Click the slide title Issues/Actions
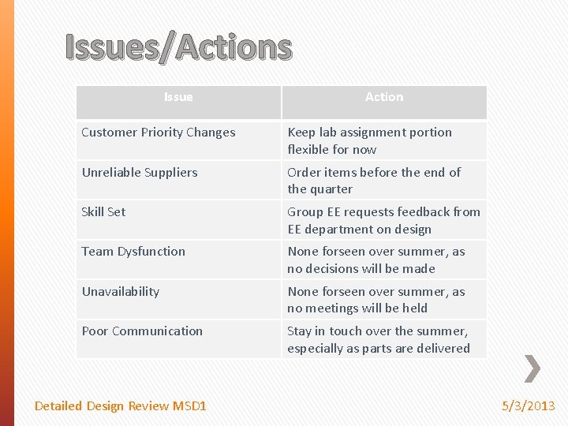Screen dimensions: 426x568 tap(178, 47)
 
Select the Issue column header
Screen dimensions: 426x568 tap(178, 97)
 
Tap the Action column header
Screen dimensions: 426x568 tap(384, 97)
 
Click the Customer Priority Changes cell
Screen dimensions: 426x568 tap(159, 133)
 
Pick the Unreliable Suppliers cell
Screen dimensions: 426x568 tap(140, 172)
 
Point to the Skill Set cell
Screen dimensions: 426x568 tap(104, 211)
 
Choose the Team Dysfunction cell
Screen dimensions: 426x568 tap(133, 252)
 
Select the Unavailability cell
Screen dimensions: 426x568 tap(121, 291)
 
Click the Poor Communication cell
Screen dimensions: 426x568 tap(142, 331)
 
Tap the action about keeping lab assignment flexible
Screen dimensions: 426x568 tap(369, 140)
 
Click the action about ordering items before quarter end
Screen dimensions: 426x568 tap(374, 181)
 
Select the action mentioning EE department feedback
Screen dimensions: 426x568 tap(383, 220)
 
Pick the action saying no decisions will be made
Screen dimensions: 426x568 tap(376, 260)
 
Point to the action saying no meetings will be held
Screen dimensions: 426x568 tap(376, 300)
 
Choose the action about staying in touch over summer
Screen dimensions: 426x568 tap(378, 339)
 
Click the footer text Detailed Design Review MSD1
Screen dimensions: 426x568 tap(121, 405)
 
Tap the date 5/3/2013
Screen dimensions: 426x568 tap(529, 405)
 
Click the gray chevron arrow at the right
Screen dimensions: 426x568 tap(532, 368)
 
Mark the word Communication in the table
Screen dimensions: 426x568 tap(157, 331)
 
